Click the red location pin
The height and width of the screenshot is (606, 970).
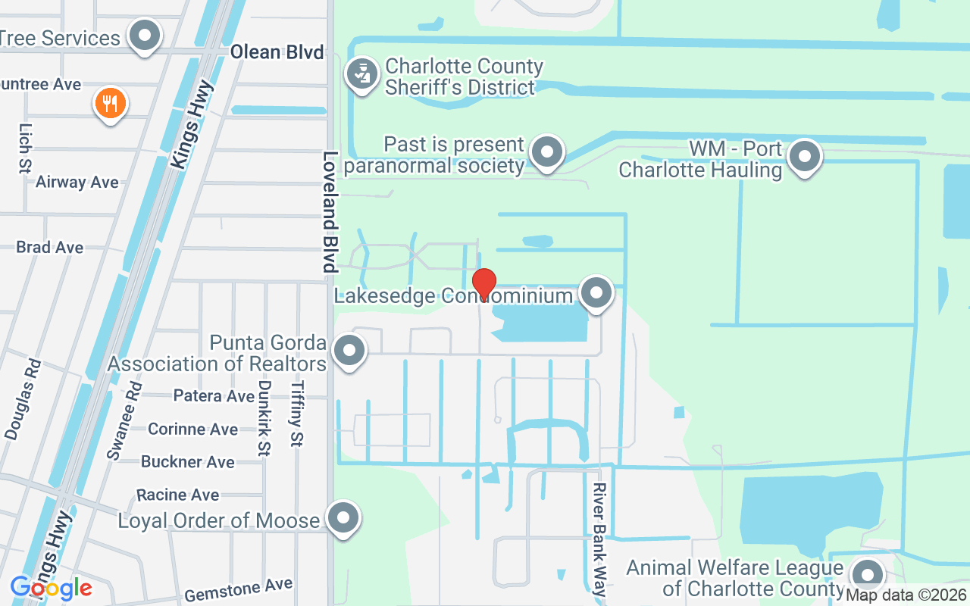[x=483, y=284]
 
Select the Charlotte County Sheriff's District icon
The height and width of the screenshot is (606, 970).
[x=363, y=75]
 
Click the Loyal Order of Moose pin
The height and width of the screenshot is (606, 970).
[x=343, y=519]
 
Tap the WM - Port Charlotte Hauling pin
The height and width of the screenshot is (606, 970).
[x=805, y=158]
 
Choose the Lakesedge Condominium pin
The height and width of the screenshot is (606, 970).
[x=596, y=292]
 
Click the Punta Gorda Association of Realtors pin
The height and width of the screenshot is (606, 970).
[x=349, y=351]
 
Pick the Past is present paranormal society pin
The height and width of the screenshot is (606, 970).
[x=546, y=153]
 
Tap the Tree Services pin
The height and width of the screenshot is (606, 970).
[x=144, y=35]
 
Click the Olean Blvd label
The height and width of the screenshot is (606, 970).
[x=277, y=52]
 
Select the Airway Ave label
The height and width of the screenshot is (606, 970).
[x=77, y=183]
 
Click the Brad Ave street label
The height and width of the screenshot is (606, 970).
[x=50, y=248]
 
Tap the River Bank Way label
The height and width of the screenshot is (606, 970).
[x=600, y=541]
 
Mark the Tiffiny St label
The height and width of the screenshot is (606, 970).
[x=296, y=413]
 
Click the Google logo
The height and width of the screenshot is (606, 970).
[x=51, y=588]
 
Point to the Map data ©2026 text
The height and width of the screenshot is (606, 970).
[x=906, y=595]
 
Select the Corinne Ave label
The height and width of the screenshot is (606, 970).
[x=192, y=430]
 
